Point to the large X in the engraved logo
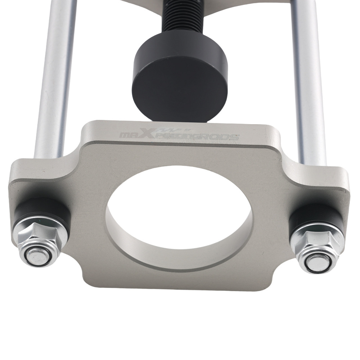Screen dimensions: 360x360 147,133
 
